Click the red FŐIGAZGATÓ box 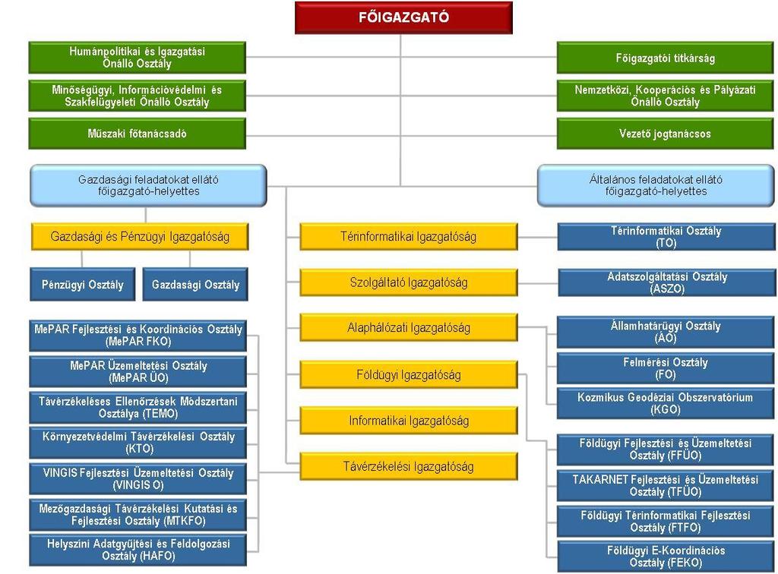403,18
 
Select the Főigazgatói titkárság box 665,58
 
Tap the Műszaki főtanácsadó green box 137,134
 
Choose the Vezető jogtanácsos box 665,134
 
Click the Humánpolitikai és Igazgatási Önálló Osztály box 137,58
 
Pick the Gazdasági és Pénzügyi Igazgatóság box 140,236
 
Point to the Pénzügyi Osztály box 82,285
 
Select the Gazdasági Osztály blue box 195,285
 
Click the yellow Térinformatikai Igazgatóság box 408,236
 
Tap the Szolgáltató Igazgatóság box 408,282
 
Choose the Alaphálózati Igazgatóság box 408,328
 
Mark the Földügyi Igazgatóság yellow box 408,375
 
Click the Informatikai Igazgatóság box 408,421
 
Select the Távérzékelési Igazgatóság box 408,466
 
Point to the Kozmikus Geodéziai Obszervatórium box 665,403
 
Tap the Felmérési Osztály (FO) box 665,368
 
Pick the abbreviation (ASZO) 667,289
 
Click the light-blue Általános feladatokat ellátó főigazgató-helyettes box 656,185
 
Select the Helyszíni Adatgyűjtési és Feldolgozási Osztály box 138,550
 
